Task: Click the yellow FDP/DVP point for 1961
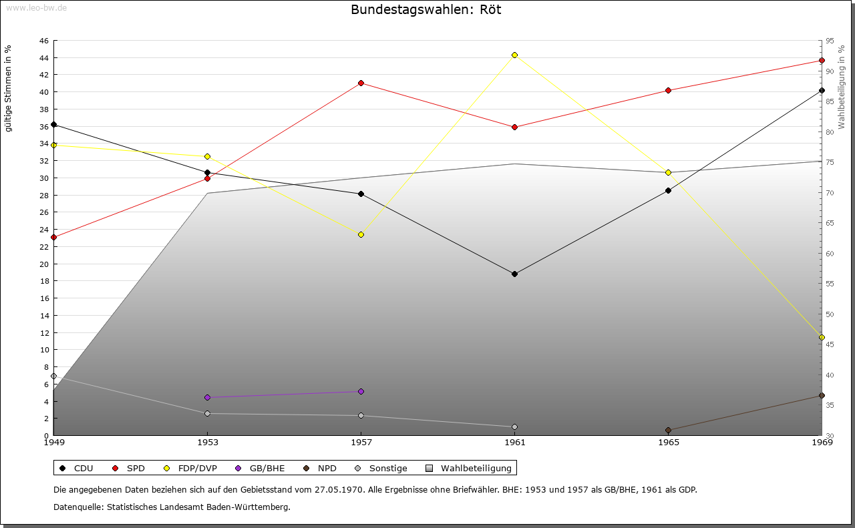click(x=514, y=55)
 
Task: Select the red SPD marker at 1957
click(x=361, y=83)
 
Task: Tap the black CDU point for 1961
click(x=514, y=274)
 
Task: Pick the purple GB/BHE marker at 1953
click(x=208, y=398)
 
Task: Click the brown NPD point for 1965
click(x=669, y=431)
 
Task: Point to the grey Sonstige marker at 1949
click(x=54, y=376)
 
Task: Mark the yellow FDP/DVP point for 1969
click(x=822, y=338)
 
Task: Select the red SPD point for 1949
click(x=54, y=237)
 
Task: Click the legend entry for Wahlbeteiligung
click(x=468, y=468)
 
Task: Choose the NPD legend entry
click(x=320, y=468)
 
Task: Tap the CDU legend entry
click(x=76, y=468)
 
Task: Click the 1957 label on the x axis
click(x=361, y=443)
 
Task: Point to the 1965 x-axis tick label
click(x=669, y=443)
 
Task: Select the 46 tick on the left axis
click(x=44, y=41)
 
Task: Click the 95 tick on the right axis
click(x=830, y=41)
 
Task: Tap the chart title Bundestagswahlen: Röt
click(x=426, y=9)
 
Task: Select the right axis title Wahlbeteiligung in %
click(x=842, y=87)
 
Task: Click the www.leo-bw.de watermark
click(x=36, y=8)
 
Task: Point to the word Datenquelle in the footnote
click(x=78, y=507)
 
